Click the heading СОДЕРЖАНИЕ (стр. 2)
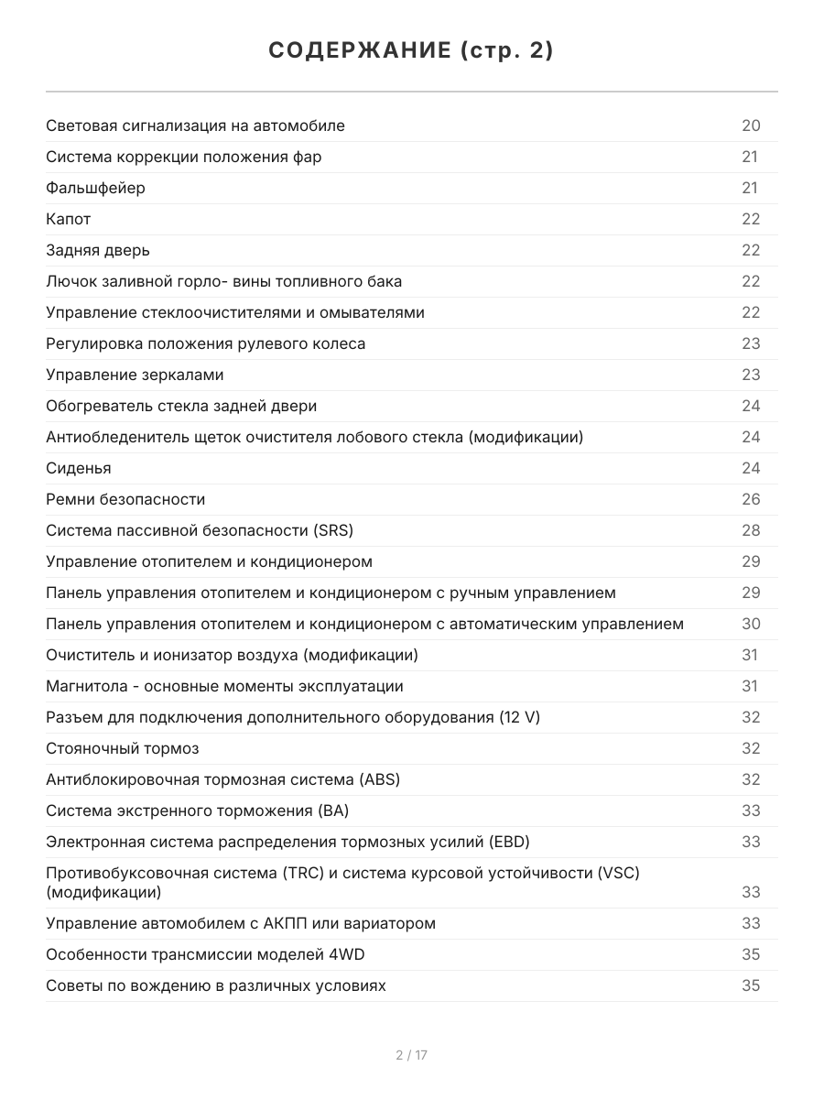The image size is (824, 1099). [411, 50]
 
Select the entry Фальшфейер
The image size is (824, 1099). [95, 188]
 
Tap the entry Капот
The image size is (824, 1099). [69, 219]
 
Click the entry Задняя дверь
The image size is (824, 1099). [97, 250]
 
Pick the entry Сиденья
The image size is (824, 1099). [79, 468]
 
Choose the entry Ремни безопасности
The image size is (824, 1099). [125, 499]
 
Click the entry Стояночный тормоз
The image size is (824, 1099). [122, 748]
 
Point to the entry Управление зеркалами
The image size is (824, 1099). [135, 375]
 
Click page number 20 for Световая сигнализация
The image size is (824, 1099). [751, 125]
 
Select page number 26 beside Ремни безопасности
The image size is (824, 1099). [751, 499]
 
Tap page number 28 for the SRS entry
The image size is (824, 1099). [751, 530]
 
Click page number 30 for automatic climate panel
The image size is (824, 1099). [751, 624]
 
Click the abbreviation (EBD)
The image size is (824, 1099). [509, 842]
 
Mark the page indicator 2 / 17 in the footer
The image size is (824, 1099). [411, 1055]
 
